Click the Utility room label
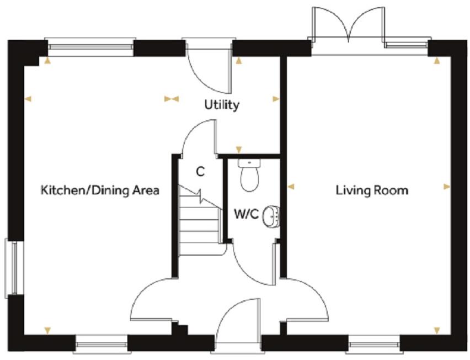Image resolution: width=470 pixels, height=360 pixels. (222, 104)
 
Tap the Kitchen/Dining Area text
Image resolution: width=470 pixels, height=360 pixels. (100, 190)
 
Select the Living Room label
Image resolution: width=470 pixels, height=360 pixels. (372, 190)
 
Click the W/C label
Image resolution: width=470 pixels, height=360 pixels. (245, 214)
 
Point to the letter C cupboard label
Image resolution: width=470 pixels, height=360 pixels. (200, 172)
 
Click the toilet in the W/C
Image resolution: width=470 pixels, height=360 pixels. (250, 175)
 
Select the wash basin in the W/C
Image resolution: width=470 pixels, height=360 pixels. (271, 216)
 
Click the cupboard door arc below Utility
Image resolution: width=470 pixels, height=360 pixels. (199, 135)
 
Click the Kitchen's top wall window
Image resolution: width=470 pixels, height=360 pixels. (89, 47)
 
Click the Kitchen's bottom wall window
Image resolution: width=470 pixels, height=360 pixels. (101, 347)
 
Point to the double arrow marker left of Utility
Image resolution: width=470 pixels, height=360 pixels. (172, 99)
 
